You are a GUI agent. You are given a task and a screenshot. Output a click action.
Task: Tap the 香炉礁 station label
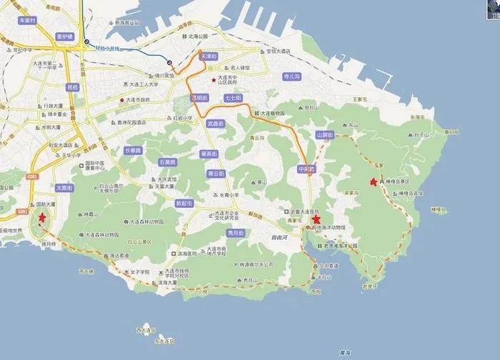pos(65,36)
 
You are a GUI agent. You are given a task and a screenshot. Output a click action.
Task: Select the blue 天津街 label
pos(206,55)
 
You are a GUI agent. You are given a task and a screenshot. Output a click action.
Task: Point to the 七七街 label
pos(234,98)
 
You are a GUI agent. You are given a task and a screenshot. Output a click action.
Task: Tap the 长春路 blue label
pos(133,151)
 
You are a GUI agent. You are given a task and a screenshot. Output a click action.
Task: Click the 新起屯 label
pos(186,203)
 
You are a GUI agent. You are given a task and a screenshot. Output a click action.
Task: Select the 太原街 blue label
pos(65,188)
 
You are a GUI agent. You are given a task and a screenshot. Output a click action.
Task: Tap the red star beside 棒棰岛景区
pos(374,183)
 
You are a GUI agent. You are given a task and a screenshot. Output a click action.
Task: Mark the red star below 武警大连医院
pos(316,221)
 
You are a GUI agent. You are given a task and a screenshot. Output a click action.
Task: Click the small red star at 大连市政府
pos(122,100)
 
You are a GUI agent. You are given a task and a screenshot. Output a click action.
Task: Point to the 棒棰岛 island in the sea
pos(437,209)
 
